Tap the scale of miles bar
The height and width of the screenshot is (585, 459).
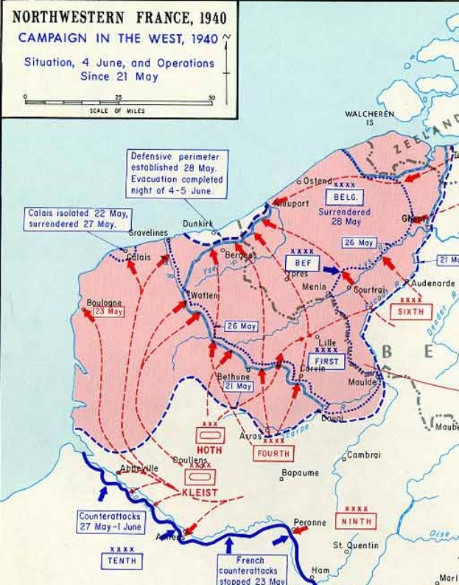click(x=119, y=102)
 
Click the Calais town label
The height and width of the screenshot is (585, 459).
click(x=139, y=257)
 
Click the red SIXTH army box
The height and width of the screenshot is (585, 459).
click(x=411, y=311)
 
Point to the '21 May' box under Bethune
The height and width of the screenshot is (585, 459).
click(x=238, y=386)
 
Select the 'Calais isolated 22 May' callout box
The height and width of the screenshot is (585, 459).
click(x=76, y=219)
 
